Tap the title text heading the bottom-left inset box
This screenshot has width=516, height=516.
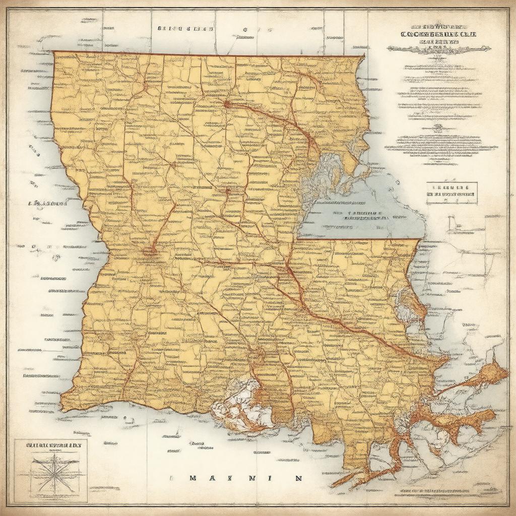click(x=50, y=445)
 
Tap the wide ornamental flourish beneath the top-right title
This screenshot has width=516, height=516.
click(x=438, y=48)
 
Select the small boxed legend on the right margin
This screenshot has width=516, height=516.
click(x=451, y=193)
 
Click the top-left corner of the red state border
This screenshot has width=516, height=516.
click(x=54, y=52)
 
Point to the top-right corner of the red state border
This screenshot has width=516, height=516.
click(x=364, y=55)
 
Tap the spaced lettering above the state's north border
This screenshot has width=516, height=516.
click(x=183, y=29)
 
